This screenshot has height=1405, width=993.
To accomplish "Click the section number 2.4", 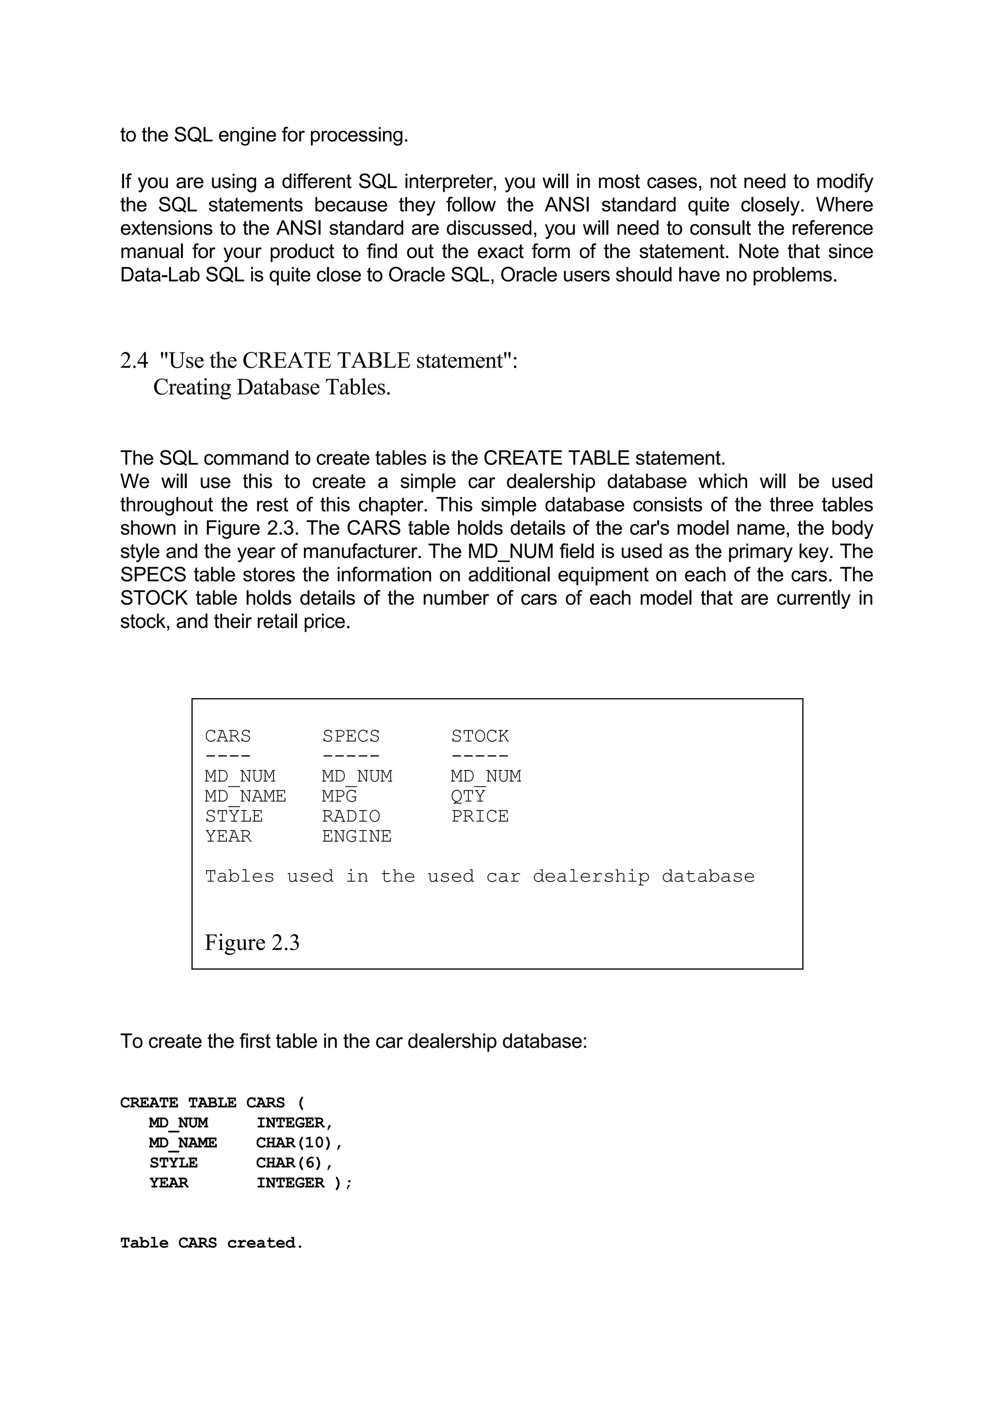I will pos(134,361).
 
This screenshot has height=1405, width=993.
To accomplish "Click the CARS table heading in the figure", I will pos(227,735).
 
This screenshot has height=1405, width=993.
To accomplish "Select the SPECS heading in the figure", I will pos(351,735).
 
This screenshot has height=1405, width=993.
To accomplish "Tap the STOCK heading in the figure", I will pos(480,735).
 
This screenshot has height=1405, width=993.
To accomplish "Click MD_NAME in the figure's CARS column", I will pos(245,796).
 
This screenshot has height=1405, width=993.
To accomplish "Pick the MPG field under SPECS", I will pos(339,796).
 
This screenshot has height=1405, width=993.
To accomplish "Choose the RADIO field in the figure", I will pos(351,816).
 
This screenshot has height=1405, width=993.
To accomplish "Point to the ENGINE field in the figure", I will pos(357,836).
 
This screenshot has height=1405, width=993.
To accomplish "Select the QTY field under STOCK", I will pos(468,796).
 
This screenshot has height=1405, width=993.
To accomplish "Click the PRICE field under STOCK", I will pos(480,816).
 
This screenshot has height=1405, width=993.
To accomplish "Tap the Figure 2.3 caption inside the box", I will pos(252,942).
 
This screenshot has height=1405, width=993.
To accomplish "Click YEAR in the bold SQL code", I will pos(169,1183).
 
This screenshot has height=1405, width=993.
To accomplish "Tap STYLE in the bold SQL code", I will pos(174,1163).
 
